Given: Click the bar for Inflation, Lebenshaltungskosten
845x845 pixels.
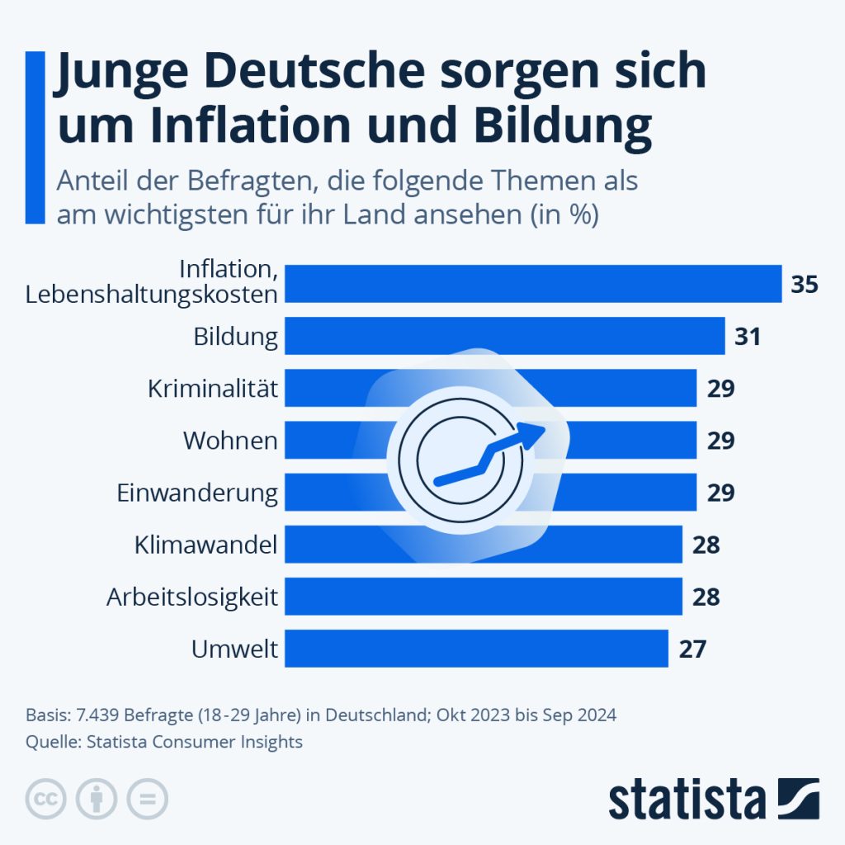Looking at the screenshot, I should [533, 284].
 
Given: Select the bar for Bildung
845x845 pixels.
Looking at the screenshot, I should [504, 336].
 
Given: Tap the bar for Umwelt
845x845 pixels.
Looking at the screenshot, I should [475, 648].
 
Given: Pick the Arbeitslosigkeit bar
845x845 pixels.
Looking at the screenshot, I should [483, 596].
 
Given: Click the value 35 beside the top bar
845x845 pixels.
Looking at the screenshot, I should [804, 285].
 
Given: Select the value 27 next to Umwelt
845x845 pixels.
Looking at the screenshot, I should [692, 649].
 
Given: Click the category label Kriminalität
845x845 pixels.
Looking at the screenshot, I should [213, 388].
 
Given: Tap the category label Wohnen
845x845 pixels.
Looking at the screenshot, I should [230, 440].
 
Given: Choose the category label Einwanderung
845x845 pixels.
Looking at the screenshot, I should [197, 493].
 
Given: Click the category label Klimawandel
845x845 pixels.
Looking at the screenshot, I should [205, 545].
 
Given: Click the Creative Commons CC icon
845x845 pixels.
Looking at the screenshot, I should [46, 798].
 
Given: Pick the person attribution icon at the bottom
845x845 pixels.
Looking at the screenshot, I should [97, 798].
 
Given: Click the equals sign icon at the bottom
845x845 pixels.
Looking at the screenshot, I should [147, 798].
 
